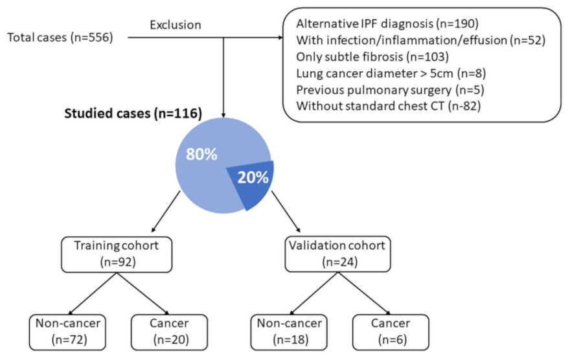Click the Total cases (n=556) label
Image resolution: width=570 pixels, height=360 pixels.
pyautogui.click(x=60, y=38)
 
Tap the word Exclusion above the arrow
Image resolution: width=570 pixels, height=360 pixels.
pyautogui.click(x=175, y=25)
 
